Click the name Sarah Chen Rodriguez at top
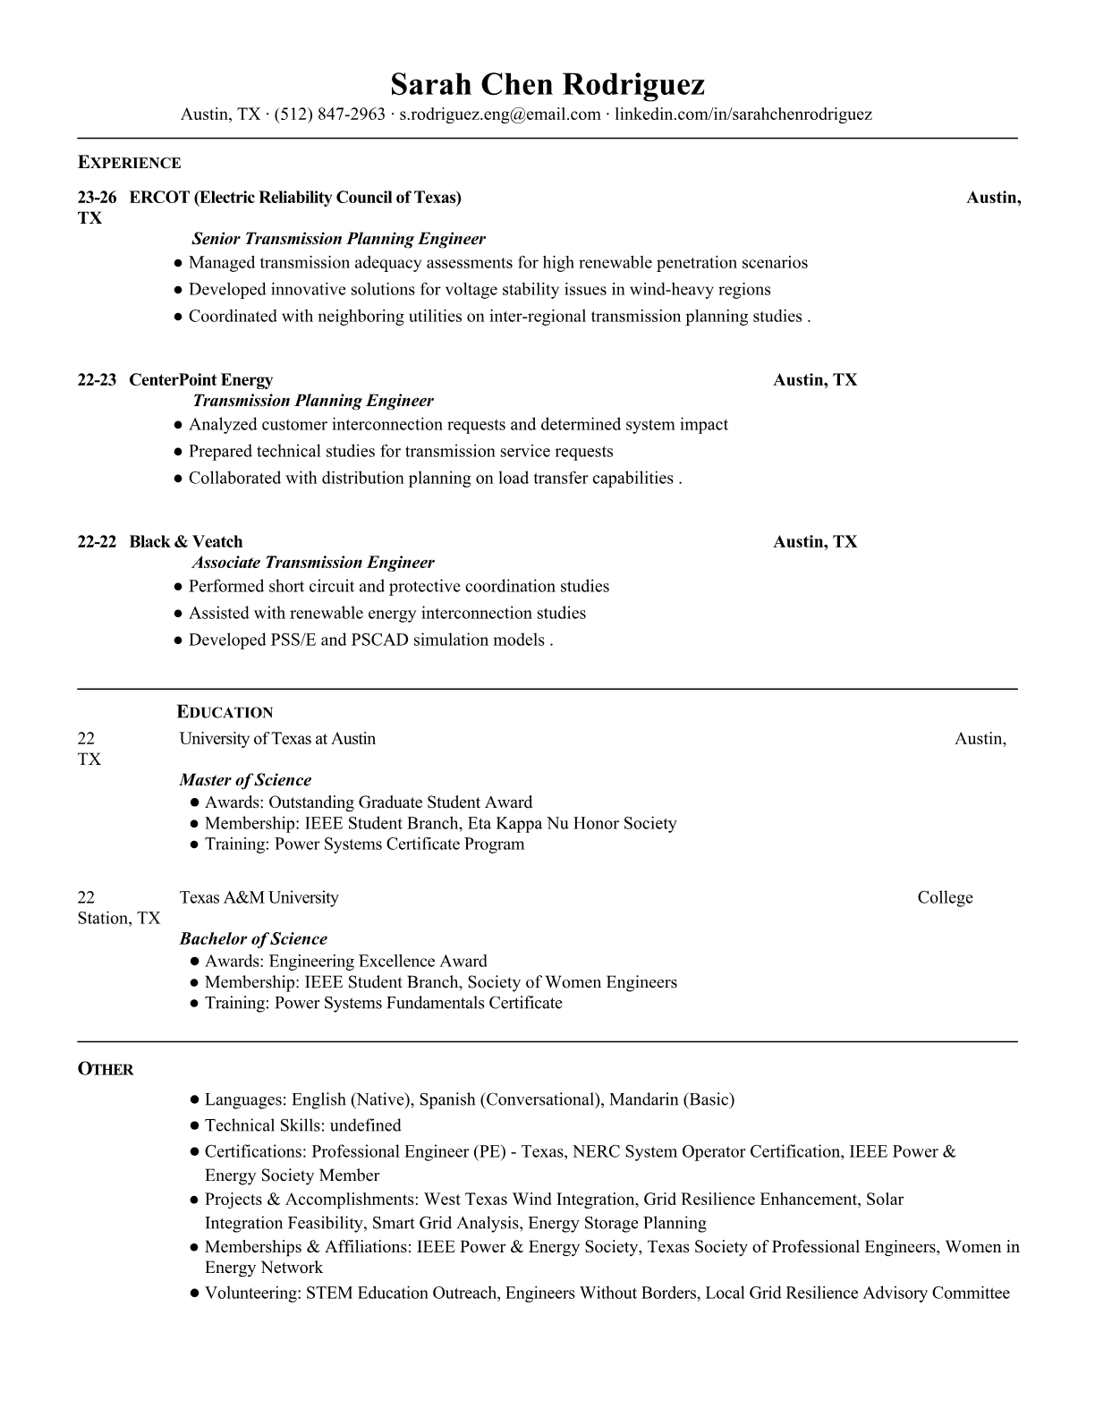(x=547, y=84)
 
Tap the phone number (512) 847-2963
(x=330, y=115)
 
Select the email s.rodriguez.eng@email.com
(x=499, y=115)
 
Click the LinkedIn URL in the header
(x=743, y=115)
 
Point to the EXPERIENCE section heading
(x=129, y=163)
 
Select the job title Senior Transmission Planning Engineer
(x=338, y=239)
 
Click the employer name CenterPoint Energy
(x=200, y=380)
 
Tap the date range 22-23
(x=97, y=380)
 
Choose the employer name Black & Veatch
(x=185, y=542)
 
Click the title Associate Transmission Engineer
(x=313, y=563)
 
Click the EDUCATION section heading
(x=225, y=713)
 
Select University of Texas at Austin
(x=277, y=739)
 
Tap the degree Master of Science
(x=245, y=780)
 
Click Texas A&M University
(x=259, y=897)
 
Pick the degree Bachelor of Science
(x=253, y=938)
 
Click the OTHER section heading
(x=106, y=1070)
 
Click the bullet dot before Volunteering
(x=193, y=1294)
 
